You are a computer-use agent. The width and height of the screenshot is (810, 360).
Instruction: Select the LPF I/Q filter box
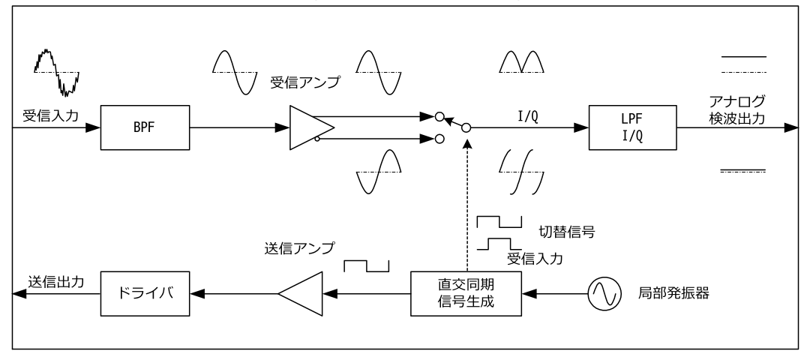(x=634, y=127)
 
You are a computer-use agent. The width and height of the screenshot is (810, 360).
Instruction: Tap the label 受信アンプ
(x=304, y=83)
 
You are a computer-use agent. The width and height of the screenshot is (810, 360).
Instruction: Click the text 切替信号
(x=568, y=231)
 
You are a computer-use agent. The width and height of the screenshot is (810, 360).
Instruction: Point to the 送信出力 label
(x=56, y=283)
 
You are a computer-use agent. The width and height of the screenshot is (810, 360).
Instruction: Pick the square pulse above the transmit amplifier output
(x=367, y=266)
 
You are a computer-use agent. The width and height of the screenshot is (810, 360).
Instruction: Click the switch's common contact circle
(x=466, y=128)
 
